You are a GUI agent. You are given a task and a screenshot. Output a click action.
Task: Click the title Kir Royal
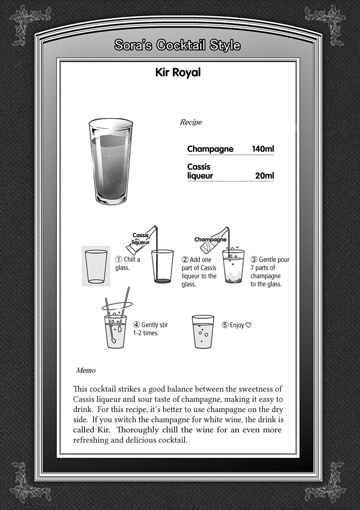click(x=178, y=73)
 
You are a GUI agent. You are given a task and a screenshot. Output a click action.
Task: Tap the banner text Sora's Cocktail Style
click(x=178, y=45)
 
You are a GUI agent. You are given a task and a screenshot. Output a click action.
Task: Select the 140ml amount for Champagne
click(x=263, y=149)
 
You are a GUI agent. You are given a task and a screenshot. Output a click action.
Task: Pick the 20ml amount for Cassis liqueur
click(x=264, y=176)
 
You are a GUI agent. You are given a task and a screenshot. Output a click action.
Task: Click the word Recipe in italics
click(x=191, y=122)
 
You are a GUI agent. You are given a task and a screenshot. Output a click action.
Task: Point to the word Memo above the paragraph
click(x=85, y=370)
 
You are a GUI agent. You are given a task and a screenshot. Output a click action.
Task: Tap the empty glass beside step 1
click(x=96, y=266)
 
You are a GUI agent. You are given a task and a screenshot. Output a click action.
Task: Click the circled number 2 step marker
click(x=185, y=260)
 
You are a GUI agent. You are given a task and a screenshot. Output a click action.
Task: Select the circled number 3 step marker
click(x=254, y=260)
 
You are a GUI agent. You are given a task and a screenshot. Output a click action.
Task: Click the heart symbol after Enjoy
click(x=249, y=325)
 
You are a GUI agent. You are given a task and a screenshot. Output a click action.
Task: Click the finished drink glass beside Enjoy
click(x=203, y=331)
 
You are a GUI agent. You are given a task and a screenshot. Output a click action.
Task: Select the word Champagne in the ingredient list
click(x=210, y=149)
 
